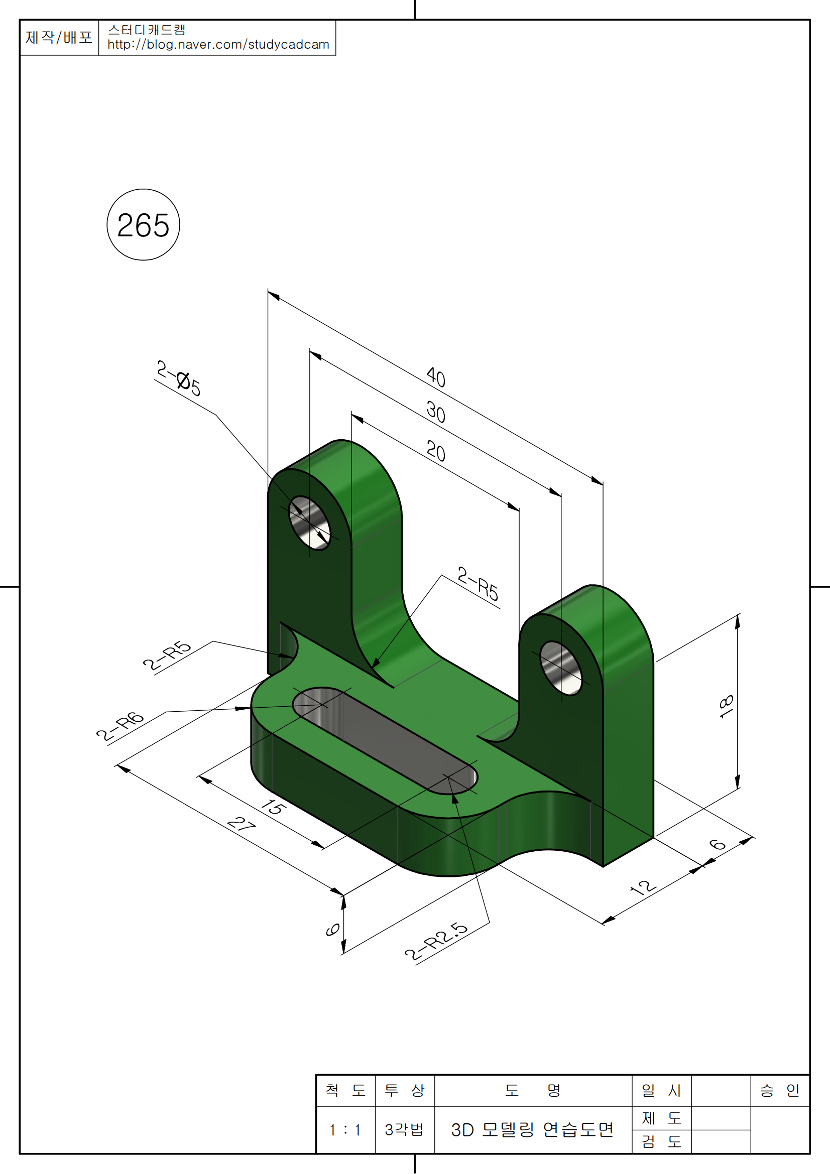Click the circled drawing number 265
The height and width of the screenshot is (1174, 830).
[143, 225]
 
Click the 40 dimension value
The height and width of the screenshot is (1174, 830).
[436, 377]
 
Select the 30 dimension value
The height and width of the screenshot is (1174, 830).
[436, 412]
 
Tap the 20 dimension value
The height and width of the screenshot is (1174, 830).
[436, 452]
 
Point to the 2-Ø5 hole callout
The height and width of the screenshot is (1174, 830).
[178, 378]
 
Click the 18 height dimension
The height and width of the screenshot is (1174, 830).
[726, 707]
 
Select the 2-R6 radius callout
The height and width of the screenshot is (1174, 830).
[120, 726]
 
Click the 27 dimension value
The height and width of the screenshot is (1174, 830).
[242, 824]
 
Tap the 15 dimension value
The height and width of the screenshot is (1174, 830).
[273, 807]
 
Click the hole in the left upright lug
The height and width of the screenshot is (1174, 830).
[309, 523]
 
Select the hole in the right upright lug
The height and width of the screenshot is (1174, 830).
[560, 668]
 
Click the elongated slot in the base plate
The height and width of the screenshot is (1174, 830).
[385, 740]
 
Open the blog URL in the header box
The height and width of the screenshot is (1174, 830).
[218, 45]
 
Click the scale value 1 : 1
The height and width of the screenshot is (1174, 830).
[345, 1129]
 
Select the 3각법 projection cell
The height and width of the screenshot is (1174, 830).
[404, 1129]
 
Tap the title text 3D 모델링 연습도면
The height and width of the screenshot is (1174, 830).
[532, 1129]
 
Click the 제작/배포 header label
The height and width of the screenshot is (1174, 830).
[59, 37]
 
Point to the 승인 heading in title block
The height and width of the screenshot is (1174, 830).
[779, 1091]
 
